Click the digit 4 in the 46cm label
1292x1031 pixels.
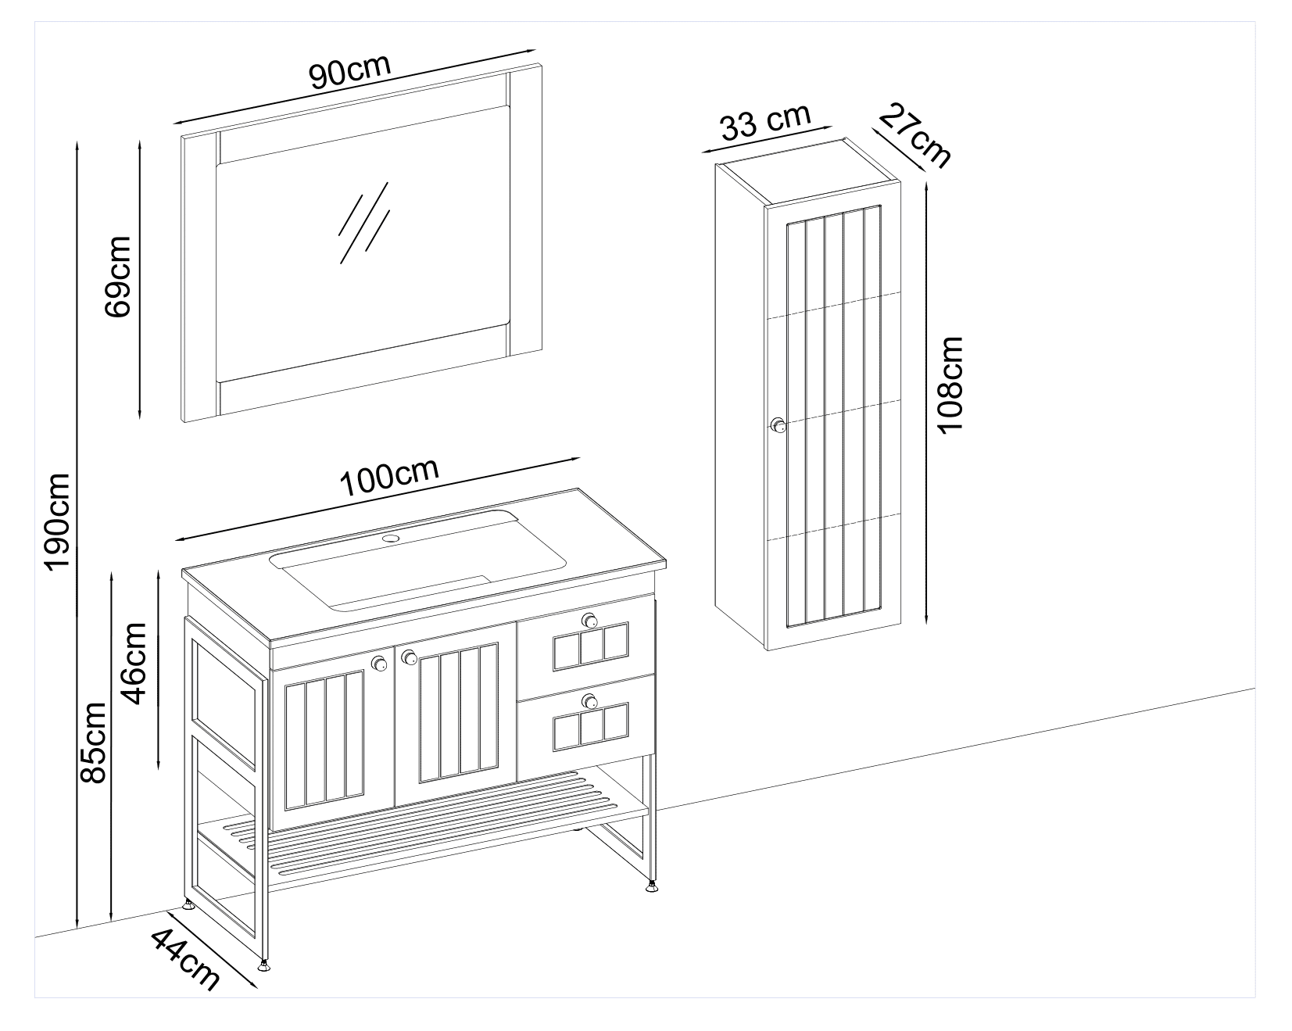(x=135, y=692)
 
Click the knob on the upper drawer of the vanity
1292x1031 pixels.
(x=590, y=621)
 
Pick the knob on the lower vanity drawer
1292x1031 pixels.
(x=590, y=701)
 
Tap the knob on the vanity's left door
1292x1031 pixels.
(x=380, y=664)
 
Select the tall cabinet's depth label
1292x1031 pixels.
(x=915, y=138)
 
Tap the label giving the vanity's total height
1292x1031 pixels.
(x=94, y=742)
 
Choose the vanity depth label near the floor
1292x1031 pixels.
(x=184, y=960)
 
